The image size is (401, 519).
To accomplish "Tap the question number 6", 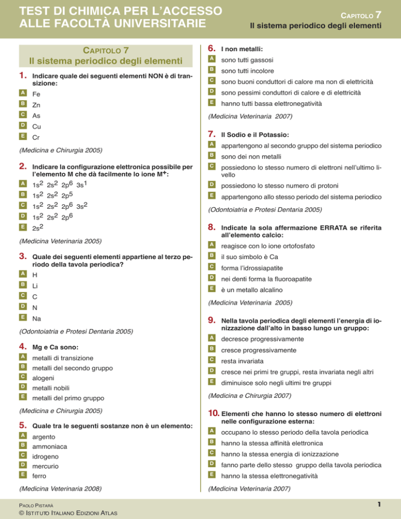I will click(x=211, y=48).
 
